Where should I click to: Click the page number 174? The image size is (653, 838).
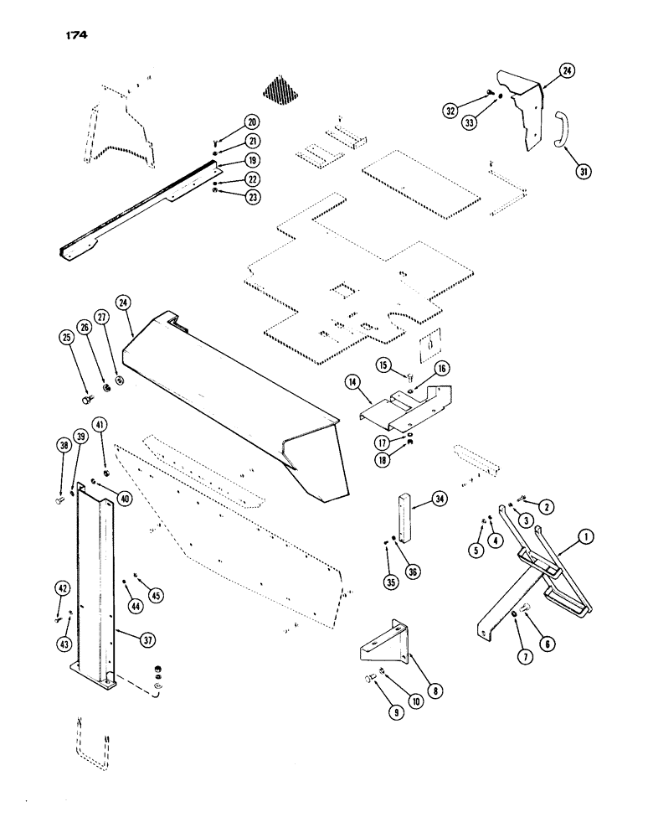click(x=75, y=35)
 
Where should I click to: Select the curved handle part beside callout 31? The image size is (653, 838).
click(x=558, y=129)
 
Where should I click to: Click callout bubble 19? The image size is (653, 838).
click(x=252, y=159)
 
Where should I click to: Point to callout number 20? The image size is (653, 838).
click(x=252, y=122)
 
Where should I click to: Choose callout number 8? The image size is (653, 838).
click(x=434, y=691)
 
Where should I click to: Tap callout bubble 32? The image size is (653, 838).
click(x=451, y=109)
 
